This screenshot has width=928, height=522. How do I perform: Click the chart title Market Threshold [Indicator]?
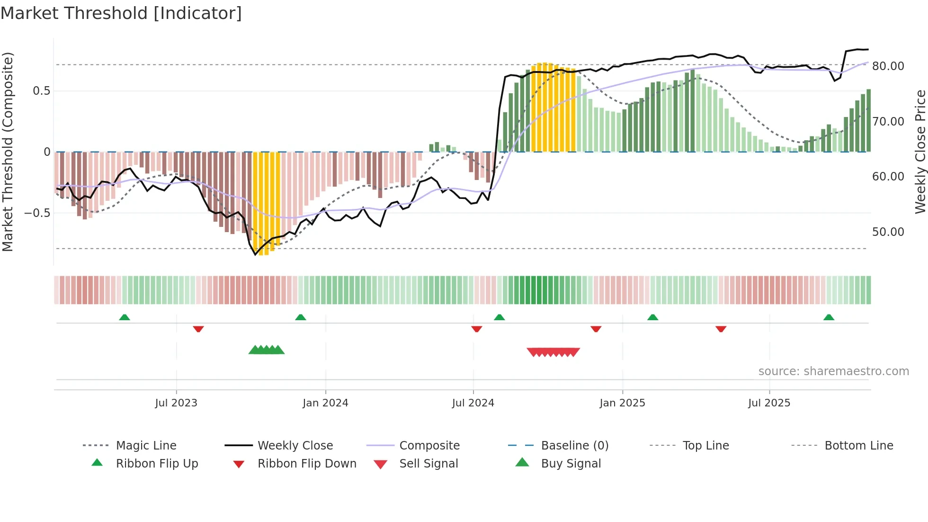(121, 13)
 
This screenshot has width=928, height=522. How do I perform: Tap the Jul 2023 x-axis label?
(176, 403)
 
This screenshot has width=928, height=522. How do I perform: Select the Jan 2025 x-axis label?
(622, 403)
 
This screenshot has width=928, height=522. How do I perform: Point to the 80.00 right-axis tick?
(888, 66)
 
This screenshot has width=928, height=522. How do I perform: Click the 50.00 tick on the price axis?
(888, 232)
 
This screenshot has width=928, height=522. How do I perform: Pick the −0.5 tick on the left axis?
(37, 213)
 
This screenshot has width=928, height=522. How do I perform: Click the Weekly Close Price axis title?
(920, 152)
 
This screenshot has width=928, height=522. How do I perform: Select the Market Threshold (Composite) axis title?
(8, 152)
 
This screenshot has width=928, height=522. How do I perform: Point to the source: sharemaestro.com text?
(833, 371)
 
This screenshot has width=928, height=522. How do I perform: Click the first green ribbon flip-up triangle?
(125, 317)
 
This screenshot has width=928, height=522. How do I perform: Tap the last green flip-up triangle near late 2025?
(829, 317)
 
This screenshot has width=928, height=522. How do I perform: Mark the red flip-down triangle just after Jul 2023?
(198, 329)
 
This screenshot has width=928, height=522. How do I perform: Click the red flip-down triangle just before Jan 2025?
(596, 329)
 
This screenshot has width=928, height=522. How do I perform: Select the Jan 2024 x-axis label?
(325, 403)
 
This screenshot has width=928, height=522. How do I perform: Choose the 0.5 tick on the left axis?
(41, 91)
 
